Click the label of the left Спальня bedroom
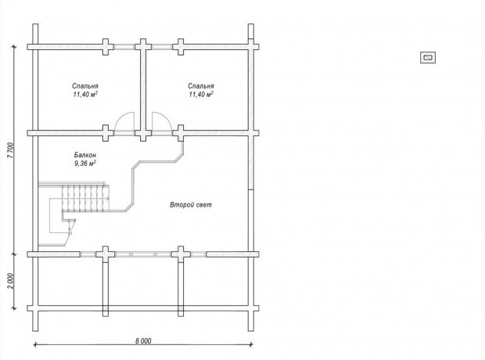85,86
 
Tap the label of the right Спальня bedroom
201,86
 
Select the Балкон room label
84,154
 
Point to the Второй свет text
191,204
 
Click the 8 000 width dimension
143,340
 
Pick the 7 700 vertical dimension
10,150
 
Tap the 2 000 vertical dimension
10,281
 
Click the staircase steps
86,199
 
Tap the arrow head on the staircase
107,198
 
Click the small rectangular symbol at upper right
428,58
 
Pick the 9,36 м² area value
84,163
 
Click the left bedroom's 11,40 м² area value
85,94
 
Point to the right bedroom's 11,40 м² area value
201,94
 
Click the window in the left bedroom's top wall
124,47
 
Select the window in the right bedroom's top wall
162,47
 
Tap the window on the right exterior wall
251,163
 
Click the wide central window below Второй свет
143,254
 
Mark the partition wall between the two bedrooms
143,90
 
